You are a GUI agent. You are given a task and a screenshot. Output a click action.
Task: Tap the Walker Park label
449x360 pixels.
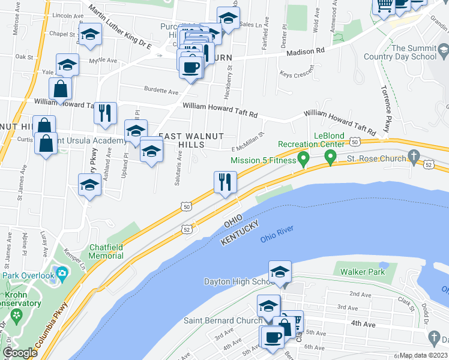click(x=362, y=272)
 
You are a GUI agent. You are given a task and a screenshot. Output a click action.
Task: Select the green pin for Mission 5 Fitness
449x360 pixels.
click(x=304, y=160)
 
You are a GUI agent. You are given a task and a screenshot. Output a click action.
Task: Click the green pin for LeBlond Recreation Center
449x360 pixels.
click(x=330, y=158)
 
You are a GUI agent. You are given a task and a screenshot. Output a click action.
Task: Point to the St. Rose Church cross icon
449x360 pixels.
click(x=414, y=157)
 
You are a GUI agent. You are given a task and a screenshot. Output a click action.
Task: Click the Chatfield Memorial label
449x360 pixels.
click(x=106, y=251)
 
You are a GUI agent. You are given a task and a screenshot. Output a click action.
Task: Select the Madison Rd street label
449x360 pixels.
click(x=305, y=52)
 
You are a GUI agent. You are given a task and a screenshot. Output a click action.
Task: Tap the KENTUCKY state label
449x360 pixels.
click(x=240, y=232)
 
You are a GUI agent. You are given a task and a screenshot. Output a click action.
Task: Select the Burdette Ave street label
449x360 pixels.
click(x=161, y=92)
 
